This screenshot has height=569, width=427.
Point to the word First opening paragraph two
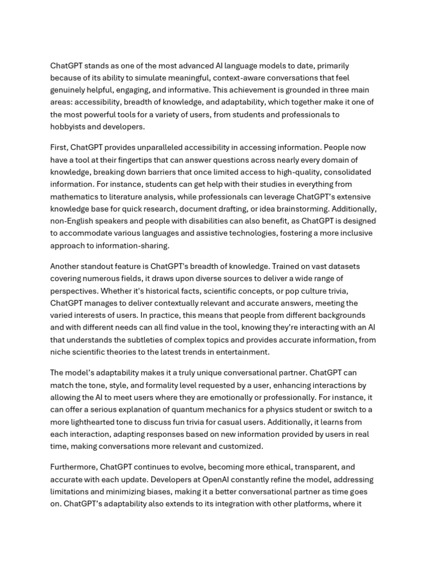[x=58, y=147]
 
